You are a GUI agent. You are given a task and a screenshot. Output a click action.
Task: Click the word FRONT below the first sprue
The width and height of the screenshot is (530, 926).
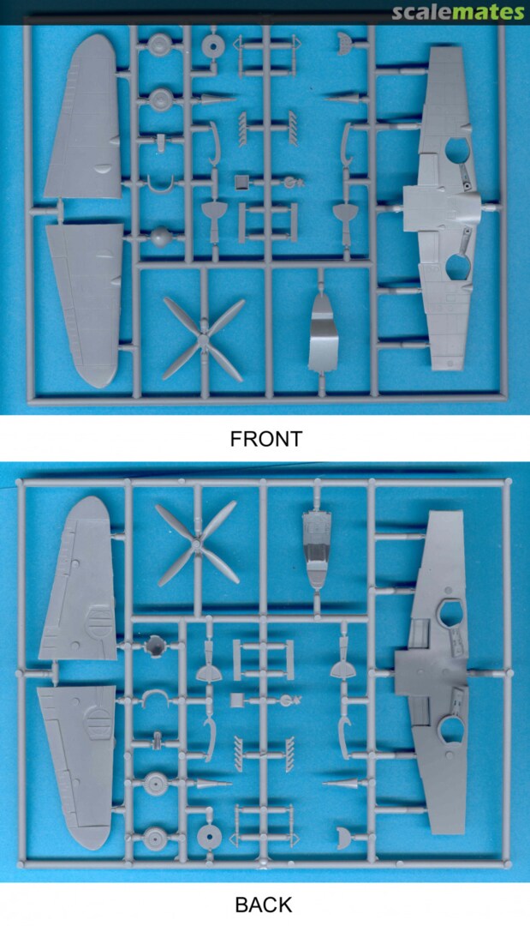[x=265, y=439]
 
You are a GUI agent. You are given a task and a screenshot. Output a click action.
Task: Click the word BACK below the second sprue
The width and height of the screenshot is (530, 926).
[x=263, y=905]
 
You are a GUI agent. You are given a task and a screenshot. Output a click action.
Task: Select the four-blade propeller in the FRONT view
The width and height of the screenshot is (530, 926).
[x=203, y=340]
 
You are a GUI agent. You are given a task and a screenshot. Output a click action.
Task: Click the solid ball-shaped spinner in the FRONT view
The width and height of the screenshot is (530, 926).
[x=160, y=238]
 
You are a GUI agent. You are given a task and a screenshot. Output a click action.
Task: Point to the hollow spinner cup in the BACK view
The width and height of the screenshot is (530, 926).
[x=155, y=646]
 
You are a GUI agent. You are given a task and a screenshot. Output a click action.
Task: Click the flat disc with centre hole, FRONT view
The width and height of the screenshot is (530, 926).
[x=213, y=45]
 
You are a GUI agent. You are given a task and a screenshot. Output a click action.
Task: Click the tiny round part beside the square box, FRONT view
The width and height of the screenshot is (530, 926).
[x=290, y=182]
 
